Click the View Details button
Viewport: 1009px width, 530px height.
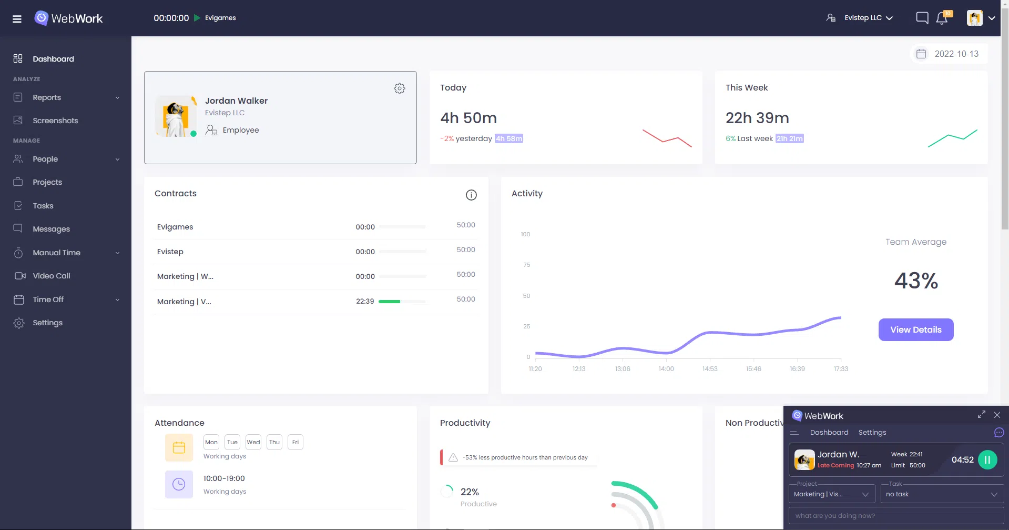tap(915, 329)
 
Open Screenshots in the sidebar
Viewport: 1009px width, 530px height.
tap(55, 121)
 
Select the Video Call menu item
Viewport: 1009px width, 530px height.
tap(51, 276)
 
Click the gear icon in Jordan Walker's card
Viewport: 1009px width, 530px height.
tap(400, 88)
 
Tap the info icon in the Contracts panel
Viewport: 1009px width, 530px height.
tap(471, 195)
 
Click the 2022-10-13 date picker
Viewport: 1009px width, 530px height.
tap(949, 54)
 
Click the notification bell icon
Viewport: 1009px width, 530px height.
tap(942, 18)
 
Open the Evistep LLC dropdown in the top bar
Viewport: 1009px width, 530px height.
tap(868, 18)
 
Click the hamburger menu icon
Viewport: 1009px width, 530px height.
tap(17, 19)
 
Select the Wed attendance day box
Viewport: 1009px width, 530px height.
tap(253, 442)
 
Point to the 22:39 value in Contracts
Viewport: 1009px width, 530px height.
tap(365, 302)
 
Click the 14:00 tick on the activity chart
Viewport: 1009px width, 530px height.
tap(666, 368)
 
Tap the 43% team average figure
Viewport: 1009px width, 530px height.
tap(916, 281)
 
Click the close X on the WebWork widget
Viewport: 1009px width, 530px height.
tap(997, 415)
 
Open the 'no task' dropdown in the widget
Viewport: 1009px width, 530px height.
tap(942, 494)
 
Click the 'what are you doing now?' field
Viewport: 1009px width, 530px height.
tap(896, 516)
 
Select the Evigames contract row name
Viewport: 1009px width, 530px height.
tap(175, 227)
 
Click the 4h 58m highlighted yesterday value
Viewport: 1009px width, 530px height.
tap(508, 139)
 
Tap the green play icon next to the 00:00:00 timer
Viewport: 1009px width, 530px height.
tap(197, 18)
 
